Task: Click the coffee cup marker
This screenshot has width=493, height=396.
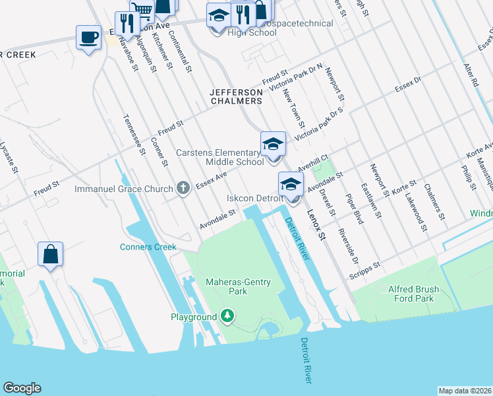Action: coord(88,38)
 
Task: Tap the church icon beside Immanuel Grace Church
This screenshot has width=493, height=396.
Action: coord(184,189)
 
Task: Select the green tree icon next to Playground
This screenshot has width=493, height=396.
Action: coord(227,317)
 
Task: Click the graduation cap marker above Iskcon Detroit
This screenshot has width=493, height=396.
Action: coord(291,185)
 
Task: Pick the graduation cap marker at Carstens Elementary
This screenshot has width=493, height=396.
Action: coord(273,145)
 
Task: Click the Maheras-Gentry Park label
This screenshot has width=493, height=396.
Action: coord(240,286)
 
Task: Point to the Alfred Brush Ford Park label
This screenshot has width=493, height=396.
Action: coord(414,294)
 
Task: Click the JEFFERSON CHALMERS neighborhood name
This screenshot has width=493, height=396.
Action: coord(236,96)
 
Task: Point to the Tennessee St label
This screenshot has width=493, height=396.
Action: coord(134,135)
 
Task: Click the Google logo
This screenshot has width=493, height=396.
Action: coord(22,388)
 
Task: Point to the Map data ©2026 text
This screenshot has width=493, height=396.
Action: coord(465,391)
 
